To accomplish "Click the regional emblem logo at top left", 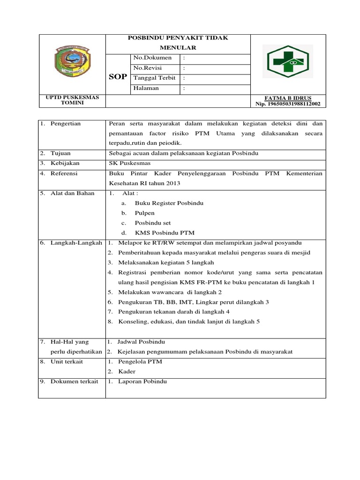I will [x=72, y=63].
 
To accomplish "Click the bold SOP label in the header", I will [x=118, y=77].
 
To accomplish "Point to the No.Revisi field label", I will [x=148, y=68].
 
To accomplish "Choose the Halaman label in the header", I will [x=146, y=88].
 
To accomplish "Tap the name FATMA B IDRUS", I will [x=288, y=98].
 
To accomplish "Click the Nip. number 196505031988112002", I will [x=288, y=104].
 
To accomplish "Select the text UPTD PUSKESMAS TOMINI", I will [x=72, y=100].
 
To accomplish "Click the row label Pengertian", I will [x=66, y=124].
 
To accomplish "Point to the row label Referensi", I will [x=65, y=173].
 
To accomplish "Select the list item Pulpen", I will [x=144, y=213].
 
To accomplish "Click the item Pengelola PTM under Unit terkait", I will [x=140, y=361].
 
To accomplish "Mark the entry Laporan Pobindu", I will [x=142, y=382].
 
